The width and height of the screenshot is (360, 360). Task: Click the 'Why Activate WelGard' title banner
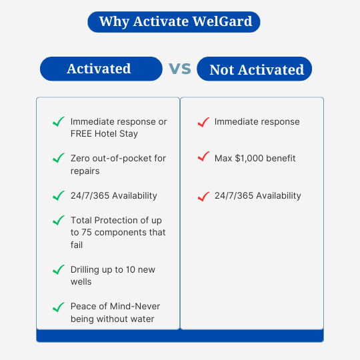[174, 22]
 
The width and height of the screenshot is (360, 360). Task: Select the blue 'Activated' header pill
[101, 69]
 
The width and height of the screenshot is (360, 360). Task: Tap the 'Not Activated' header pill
[255, 69]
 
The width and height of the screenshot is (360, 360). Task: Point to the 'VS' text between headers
[180, 69]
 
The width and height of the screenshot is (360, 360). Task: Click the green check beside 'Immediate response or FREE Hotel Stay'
[58, 122]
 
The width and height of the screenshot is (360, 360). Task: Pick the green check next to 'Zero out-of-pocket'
[58, 158]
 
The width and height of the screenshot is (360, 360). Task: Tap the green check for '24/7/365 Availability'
[58, 195]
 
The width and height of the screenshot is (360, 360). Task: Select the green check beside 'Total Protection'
[58, 220]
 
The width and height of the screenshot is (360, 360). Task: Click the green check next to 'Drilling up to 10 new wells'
[58, 269]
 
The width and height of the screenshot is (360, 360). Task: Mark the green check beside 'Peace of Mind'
[58, 307]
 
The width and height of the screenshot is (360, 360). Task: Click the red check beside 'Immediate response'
[203, 122]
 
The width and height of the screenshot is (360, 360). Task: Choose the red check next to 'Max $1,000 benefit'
[203, 157]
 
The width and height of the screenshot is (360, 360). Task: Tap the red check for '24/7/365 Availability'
[203, 196]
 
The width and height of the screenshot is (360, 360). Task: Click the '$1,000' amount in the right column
[249, 159]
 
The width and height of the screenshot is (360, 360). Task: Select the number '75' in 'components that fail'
[87, 233]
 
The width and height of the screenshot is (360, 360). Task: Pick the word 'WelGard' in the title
[222, 21]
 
